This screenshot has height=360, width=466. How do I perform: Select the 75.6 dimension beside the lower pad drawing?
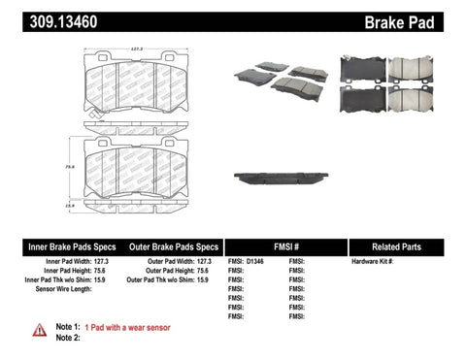click(71, 167)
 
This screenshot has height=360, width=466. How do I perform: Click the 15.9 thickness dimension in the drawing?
click(71, 205)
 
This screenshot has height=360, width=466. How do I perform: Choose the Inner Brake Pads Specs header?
click(58, 246)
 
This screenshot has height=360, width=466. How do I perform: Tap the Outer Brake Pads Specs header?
click(171, 246)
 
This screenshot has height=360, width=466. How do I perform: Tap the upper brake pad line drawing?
click(137, 88)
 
